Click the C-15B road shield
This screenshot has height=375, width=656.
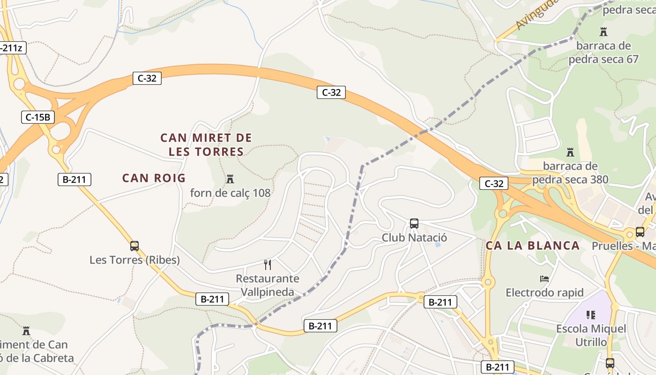[38, 117]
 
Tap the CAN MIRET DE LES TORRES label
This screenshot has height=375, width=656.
[206, 145]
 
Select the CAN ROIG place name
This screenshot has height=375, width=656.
[154, 178]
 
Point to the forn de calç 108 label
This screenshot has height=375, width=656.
[230, 193]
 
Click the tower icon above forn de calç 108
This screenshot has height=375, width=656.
[230, 179]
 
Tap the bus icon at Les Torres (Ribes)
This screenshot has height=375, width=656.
[134, 246]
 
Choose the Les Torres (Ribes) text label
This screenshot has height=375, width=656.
[134, 260]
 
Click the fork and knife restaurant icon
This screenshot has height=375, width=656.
[268, 265]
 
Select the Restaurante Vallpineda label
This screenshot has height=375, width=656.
[268, 285]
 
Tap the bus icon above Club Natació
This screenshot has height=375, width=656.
[414, 224]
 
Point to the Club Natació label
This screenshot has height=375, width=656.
[414, 238]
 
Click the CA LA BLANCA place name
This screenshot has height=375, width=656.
[533, 246]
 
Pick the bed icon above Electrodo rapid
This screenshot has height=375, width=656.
[544, 279]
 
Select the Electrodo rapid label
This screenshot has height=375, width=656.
[544, 293]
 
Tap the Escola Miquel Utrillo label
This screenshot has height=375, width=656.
[591, 335]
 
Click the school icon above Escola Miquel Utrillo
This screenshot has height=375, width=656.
[591, 315]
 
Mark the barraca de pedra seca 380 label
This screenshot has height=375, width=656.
[570, 172]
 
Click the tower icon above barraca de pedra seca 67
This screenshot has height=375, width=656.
[604, 32]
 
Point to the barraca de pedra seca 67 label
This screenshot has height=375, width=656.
[604, 52]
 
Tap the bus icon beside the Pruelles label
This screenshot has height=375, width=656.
[640, 232]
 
